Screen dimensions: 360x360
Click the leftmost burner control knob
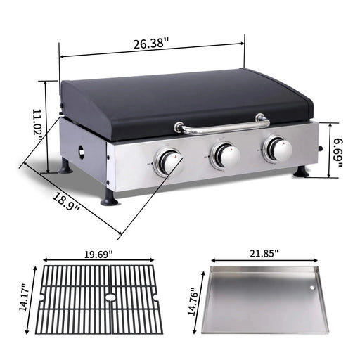point(169,162)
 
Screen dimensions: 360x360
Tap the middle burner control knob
point(226,155)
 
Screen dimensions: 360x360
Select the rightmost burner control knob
point(278,149)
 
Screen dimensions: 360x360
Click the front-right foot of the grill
point(301,172)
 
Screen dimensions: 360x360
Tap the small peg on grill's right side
point(323,150)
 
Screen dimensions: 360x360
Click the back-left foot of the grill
point(64,167)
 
